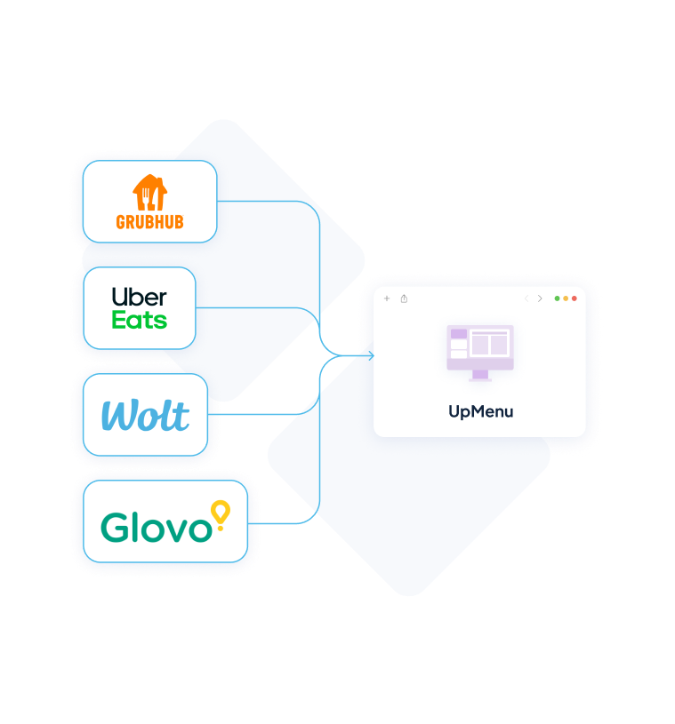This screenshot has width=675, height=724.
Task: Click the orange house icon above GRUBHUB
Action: [149, 193]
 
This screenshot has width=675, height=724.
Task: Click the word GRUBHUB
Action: [149, 222]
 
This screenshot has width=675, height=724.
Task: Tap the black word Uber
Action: [140, 297]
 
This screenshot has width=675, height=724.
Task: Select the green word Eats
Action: [139, 320]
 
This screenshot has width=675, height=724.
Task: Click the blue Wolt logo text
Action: [145, 416]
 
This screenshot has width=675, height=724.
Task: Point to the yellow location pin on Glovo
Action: [219, 513]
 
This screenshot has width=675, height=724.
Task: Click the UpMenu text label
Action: [480, 411]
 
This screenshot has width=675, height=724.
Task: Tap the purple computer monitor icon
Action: [480, 348]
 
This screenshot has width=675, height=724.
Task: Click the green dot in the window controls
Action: [558, 298]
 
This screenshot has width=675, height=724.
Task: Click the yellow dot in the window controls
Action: [566, 298]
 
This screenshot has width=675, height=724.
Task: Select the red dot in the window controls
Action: [575, 298]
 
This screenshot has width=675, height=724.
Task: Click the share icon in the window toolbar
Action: [404, 298]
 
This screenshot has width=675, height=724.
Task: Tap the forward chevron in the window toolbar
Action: [540, 298]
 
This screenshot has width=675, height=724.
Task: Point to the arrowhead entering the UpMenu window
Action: [369, 356]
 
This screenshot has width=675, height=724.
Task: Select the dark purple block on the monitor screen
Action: [459, 334]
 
